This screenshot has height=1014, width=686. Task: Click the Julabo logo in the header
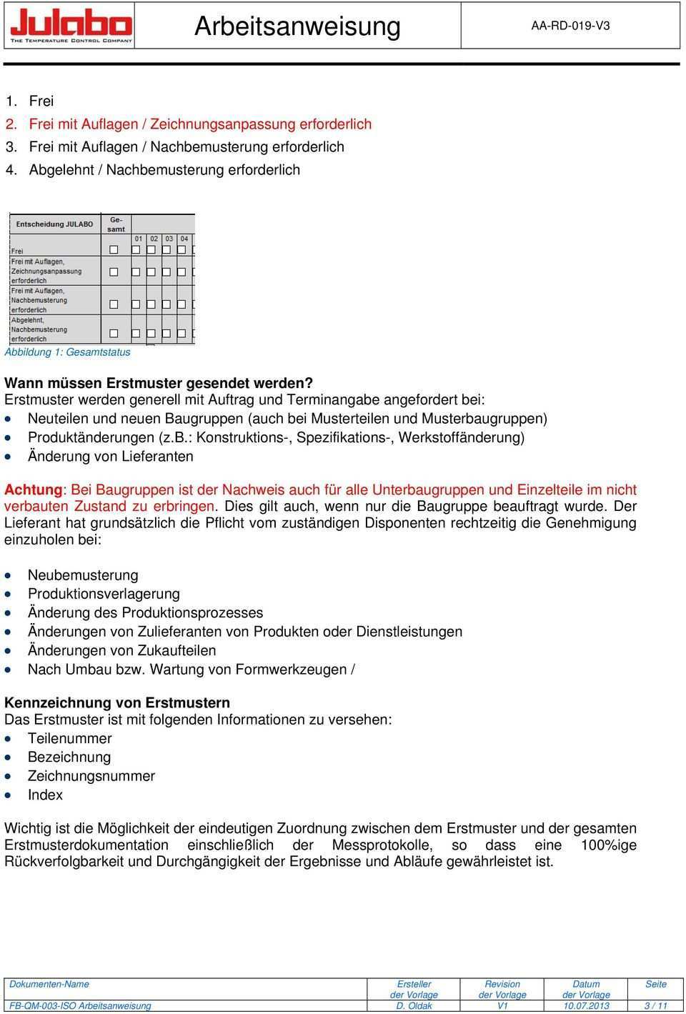tap(71, 26)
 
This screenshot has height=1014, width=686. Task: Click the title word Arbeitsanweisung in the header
tap(297, 26)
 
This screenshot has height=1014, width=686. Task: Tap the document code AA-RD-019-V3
tap(570, 26)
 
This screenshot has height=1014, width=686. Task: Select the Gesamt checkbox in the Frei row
tap(114, 250)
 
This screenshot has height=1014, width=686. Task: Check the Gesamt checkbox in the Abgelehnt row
tap(114, 334)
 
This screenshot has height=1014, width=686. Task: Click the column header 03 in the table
tap(169, 239)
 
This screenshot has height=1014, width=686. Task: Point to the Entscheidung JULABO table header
tap(54, 224)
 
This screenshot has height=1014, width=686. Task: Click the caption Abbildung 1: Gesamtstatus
tap(68, 352)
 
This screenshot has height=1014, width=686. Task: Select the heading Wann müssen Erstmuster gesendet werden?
tap(159, 383)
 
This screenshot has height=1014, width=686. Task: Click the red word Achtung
tap(34, 489)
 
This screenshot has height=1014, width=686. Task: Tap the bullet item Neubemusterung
tap(83, 575)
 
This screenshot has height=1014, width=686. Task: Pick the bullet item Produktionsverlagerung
tap(104, 594)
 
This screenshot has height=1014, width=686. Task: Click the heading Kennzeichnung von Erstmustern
tap(117, 702)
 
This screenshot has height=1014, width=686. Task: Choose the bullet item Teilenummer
tap(70, 738)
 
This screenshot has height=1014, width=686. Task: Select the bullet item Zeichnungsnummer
tap(91, 776)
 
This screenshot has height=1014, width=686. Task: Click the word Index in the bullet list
tap(45, 795)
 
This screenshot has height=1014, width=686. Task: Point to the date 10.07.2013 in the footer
tap(586, 1005)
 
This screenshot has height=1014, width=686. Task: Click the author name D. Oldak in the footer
tap(414, 1005)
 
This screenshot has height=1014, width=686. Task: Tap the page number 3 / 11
tap(655, 1005)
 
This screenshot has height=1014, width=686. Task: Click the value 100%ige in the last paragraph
tap(609, 845)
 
